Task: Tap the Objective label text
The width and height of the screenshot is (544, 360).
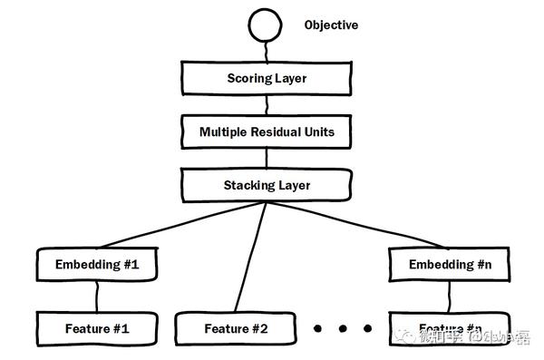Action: [x=331, y=25]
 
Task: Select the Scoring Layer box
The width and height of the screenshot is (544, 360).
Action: [x=267, y=79]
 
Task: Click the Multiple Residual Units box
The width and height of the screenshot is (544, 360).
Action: [x=267, y=132]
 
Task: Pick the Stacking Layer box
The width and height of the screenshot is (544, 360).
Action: [x=267, y=186]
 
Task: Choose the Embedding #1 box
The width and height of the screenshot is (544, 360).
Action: [x=97, y=266]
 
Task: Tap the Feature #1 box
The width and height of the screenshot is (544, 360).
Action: [x=97, y=328]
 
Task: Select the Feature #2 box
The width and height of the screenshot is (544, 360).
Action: [x=236, y=328]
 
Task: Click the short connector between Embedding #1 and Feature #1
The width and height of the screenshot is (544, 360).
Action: [x=97, y=296]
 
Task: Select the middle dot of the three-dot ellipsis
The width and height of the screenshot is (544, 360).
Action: [x=345, y=328]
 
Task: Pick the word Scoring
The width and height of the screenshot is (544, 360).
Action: [x=248, y=79]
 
